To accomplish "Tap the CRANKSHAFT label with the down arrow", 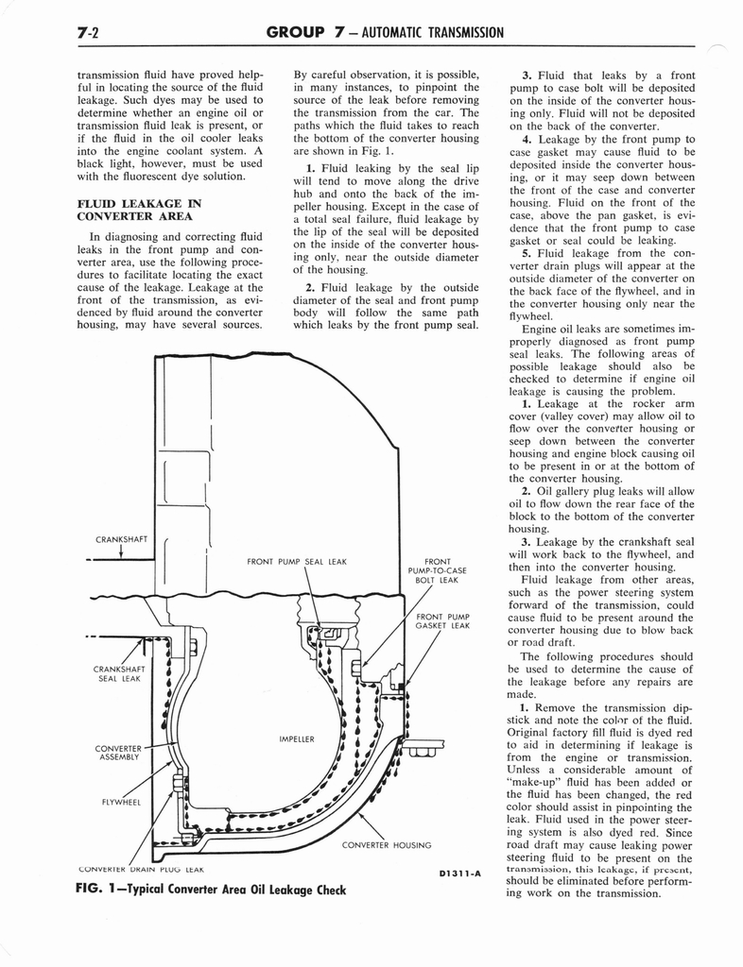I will pyautogui.click(x=122, y=540).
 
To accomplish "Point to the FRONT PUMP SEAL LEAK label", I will pyautogui.click(x=296, y=562).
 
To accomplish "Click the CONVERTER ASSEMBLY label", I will pyautogui.click(x=118, y=753).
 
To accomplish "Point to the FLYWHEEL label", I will pyautogui.click(x=120, y=803).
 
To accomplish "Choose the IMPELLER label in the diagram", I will pyautogui.click(x=296, y=738).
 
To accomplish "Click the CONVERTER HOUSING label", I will pyautogui.click(x=386, y=845).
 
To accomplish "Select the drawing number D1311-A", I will pyautogui.click(x=459, y=873).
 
